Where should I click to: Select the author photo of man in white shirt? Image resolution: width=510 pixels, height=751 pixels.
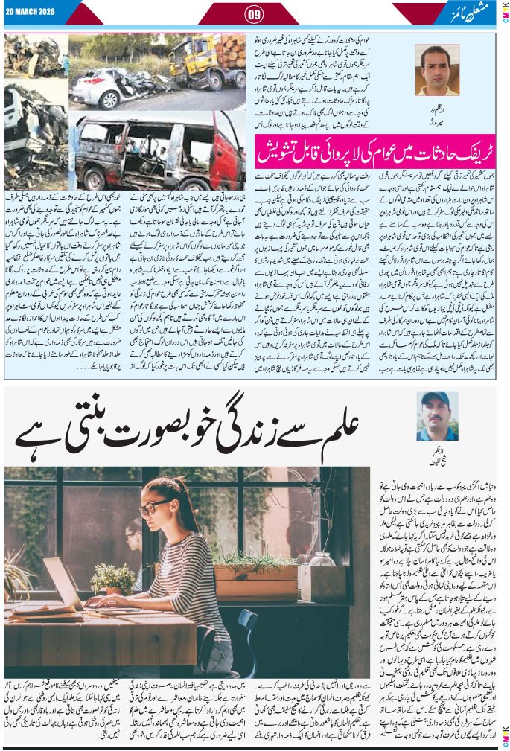[437, 70]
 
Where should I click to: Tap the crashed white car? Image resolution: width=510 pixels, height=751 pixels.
[119, 89]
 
